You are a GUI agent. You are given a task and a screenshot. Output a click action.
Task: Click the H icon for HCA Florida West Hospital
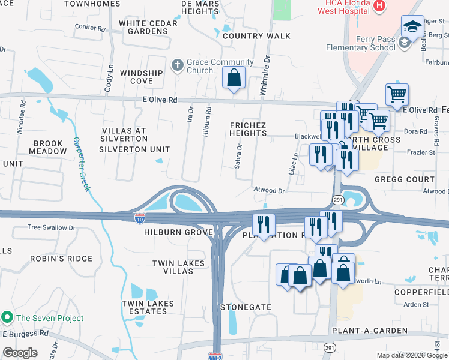pyautogui.click(x=379, y=6)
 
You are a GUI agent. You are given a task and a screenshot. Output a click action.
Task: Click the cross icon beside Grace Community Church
pyautogui.click(x=177, y=65)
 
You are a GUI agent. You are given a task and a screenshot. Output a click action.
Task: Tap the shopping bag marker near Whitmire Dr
pyautogui.click(x=234, y=77)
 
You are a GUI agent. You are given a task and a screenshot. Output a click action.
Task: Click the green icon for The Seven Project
pyautogui.click(x=7, y=317)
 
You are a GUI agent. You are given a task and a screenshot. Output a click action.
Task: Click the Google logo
pyautogui.click(x=20, y=352)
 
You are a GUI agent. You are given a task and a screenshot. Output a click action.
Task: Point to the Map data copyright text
pyautogui.click(x=411, y=355)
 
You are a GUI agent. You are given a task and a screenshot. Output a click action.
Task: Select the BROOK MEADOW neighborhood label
pyautogui.click(x=50, y=147)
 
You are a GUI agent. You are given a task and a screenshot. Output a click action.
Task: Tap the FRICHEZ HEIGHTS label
pyautogui.click(x=248, y=129)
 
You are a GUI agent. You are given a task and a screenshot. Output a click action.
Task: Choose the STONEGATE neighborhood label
pyautogui.click(x=246, y=307)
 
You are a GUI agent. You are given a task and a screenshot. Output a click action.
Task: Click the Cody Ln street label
pyautogui.click(x=109, y=79)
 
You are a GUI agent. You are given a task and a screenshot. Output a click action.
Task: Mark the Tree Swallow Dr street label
pyautogui.click(x=52, y=228)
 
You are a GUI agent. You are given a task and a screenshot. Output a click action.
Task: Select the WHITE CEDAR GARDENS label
pyautogui.click(x=148, y=28)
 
